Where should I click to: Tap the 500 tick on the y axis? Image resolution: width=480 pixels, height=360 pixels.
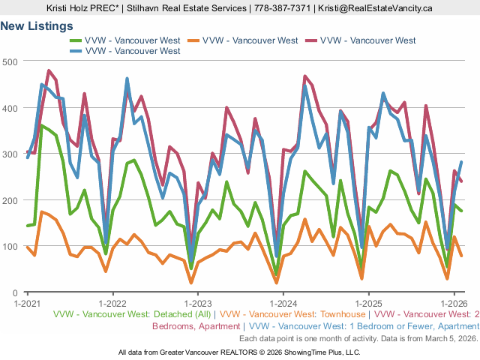10,61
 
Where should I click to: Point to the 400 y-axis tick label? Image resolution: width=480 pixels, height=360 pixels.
10,107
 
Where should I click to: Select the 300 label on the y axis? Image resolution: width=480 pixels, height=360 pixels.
10,154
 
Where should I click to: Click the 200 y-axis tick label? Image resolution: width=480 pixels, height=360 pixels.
10,200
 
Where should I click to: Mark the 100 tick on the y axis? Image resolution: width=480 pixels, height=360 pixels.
10,247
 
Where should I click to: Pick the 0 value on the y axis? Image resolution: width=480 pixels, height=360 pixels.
15,292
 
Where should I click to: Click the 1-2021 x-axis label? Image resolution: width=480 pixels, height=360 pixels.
28,304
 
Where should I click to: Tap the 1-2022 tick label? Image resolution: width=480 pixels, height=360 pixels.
112,304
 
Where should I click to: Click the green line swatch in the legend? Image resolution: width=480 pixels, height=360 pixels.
76,40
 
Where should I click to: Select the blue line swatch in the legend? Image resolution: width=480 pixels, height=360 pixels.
76,51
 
